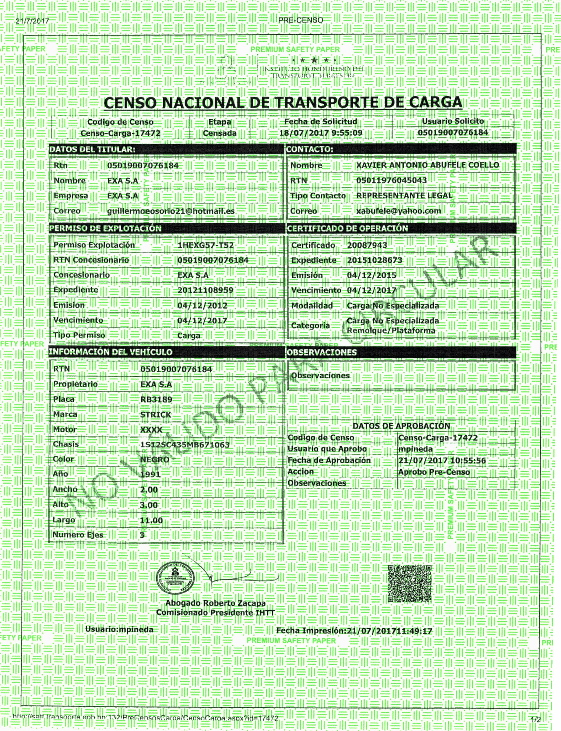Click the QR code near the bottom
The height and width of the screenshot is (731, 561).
[409, 583]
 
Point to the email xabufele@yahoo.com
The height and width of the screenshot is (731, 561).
[398, 211]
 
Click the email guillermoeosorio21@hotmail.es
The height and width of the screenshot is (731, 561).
[171, 211]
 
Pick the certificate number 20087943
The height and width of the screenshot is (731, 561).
[367, 245]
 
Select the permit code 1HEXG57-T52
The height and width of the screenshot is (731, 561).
[205, 245]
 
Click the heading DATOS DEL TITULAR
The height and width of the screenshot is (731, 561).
[92, 149]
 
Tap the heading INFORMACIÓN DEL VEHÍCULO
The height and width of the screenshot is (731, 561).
[111, 352]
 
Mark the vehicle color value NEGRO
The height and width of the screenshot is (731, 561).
[154, 460]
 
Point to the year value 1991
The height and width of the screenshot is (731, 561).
[150, 474]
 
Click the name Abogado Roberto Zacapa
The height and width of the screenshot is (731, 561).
[215, 603]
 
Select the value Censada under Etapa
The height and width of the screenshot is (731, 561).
[220, 133]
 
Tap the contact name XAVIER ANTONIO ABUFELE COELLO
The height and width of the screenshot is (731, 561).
[427, 165]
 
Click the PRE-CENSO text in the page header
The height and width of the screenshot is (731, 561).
[301, 20]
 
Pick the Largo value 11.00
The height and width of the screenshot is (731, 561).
[151, 520]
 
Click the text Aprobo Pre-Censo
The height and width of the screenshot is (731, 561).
[434, 472]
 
